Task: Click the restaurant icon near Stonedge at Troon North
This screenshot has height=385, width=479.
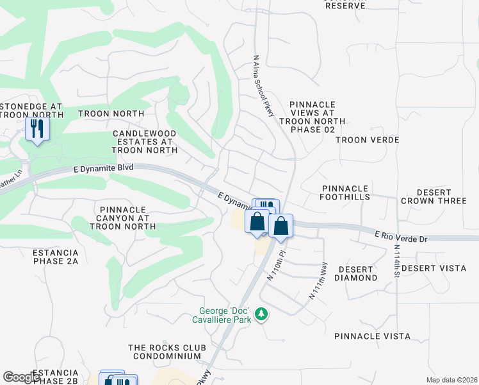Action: [37, 129]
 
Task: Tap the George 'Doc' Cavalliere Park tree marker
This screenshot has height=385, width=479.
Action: [261, 314]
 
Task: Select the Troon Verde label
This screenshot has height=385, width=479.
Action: [368, 140]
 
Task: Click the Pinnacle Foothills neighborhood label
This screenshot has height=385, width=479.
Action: [346, 193]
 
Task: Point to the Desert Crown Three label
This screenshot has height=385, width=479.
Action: [434, 196]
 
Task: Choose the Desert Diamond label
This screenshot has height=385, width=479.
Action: [357, 273]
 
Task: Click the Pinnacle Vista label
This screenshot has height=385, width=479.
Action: [372, 336]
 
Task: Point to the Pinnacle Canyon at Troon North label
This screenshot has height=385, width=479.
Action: [124, 218]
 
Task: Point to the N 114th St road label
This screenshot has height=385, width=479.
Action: [396, 262]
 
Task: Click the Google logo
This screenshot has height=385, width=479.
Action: [22, 377]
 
